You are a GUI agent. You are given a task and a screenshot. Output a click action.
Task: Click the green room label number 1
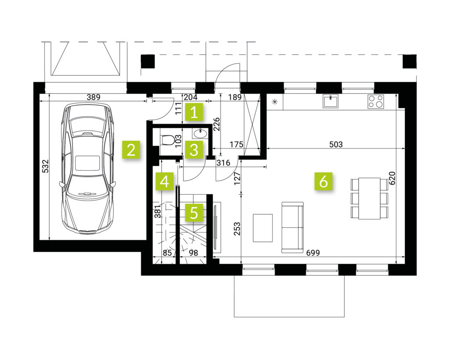(194, 112)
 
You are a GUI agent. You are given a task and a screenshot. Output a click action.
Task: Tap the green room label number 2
(131, 149)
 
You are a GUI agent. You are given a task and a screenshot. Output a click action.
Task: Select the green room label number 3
(194, 149)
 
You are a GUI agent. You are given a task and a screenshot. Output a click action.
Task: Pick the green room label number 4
(165, 182)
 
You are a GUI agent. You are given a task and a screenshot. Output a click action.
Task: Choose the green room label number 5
(194, 213)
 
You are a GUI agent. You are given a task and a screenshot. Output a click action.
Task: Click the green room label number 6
(323, 181)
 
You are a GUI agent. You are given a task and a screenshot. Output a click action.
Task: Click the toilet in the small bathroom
(166, 140)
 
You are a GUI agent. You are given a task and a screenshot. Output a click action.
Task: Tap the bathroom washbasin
(200, 133)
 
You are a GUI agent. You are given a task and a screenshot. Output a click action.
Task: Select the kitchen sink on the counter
(330, 101)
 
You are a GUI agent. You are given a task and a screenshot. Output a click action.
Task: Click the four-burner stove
(376, 102)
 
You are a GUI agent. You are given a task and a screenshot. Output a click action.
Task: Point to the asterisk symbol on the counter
(275, 102)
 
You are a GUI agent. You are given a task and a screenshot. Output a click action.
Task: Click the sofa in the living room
(292, 227)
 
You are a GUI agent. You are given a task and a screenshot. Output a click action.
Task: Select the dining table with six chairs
(369, 198)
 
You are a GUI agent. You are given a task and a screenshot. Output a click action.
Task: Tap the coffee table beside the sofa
(263, 228)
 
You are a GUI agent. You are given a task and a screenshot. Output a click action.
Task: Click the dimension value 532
(46, 166)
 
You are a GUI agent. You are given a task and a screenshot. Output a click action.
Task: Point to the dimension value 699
(313, 253)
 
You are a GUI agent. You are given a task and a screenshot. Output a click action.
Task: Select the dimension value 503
(336, 144)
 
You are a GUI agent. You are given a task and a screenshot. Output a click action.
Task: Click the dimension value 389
(94, 97)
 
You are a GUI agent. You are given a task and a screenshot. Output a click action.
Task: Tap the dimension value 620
(392, 178)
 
